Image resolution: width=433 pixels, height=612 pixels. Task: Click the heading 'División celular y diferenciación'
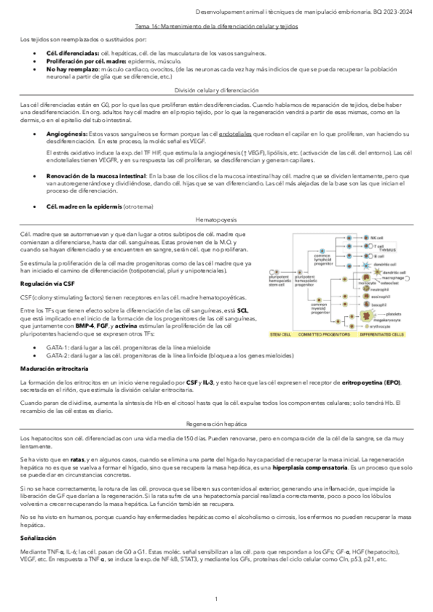pyautogui.click(x=217, y=92)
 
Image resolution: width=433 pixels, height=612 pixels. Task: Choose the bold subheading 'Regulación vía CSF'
pyautogui.click(x=43, y=284)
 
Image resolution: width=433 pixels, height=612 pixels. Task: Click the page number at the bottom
pyautogui.click(x=216, y=600)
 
